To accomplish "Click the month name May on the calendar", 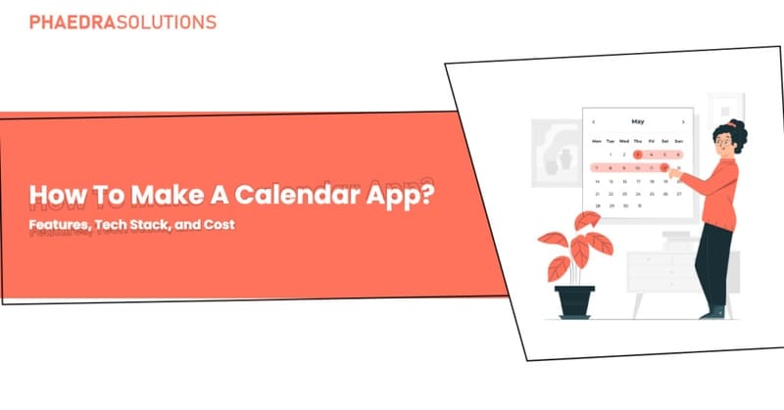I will coord(638,121).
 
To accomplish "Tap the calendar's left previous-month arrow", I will coord(594,121).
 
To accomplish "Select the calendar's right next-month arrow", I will coord(683,121).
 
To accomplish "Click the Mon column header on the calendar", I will coord(597,141).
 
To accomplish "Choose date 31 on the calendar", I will coord(638,206).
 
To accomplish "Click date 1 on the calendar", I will coord(611,155).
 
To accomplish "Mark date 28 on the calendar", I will coord(597,206).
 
